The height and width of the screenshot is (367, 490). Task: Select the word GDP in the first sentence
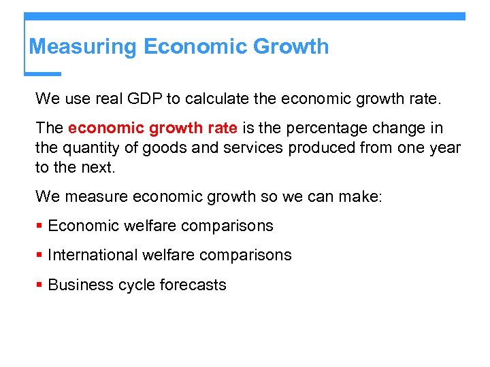click(142, 99)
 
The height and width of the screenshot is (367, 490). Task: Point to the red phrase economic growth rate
click(152, 128)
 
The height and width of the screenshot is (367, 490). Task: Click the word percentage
click(344, 128)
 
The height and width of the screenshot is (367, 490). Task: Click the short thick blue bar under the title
click(43, 73)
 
